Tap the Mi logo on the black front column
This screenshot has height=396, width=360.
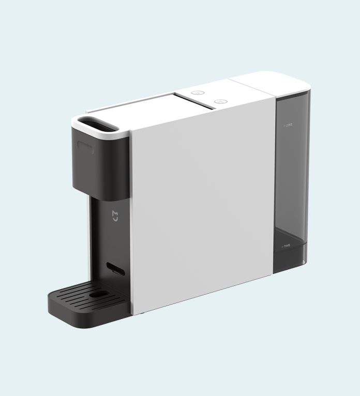115,215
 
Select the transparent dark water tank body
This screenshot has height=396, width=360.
291,181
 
